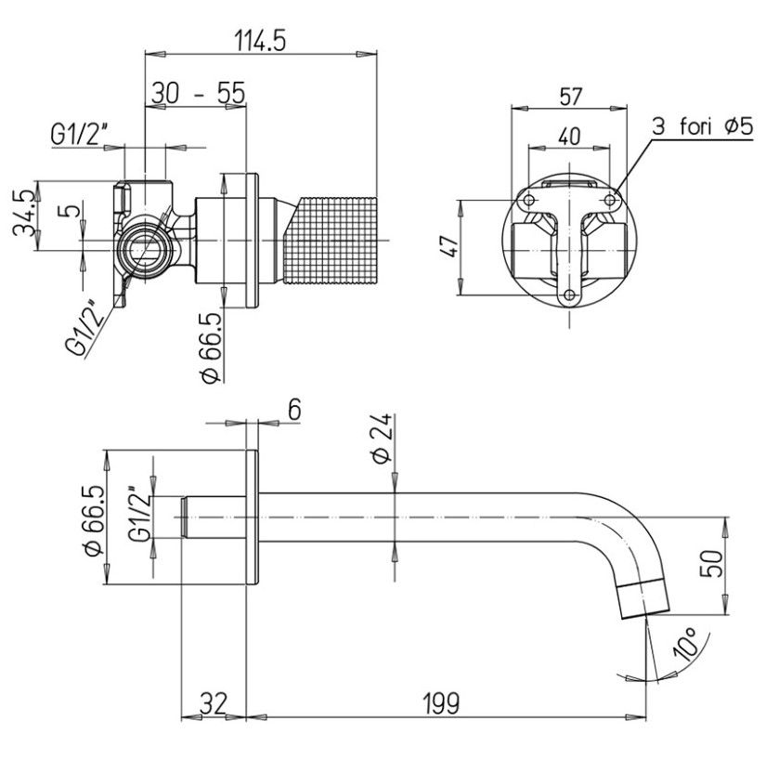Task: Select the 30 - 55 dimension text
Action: click(198, 93)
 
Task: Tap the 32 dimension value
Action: click(214, 703)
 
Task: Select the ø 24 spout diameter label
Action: click(381, 439)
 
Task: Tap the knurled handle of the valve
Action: click(333, 242)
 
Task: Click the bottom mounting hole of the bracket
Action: click(569, 296)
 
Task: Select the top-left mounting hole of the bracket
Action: click(528, 201)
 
